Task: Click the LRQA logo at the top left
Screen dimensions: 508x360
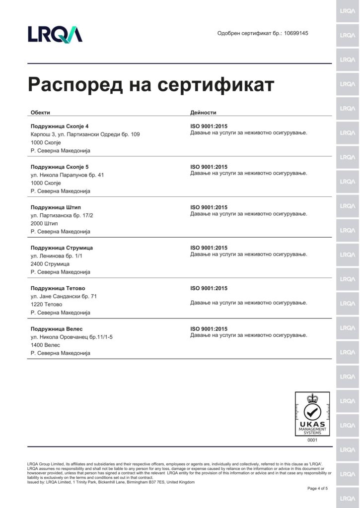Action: coord(55,34)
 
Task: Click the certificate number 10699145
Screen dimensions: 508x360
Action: coord(296,33)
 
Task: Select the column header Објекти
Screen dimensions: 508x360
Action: coord(40,112)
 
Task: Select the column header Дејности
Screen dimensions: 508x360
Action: coord(203,112)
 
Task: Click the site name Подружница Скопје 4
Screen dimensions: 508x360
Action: coord(60,126)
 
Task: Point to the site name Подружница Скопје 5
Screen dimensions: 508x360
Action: coord(60,167)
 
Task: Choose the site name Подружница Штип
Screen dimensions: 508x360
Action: coord(56,207)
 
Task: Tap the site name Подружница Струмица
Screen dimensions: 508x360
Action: coord(62,248)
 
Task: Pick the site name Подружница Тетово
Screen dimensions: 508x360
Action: coord(58,288)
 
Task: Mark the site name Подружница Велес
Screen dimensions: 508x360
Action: coord(57,329)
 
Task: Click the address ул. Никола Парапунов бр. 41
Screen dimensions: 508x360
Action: coord(67,175)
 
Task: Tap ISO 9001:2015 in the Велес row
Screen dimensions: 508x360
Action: coord(209,329)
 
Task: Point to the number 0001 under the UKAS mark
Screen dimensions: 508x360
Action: coord(312,440)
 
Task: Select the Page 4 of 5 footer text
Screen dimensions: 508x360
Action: coord(317,489)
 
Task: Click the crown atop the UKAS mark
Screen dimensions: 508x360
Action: coord(312,398)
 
